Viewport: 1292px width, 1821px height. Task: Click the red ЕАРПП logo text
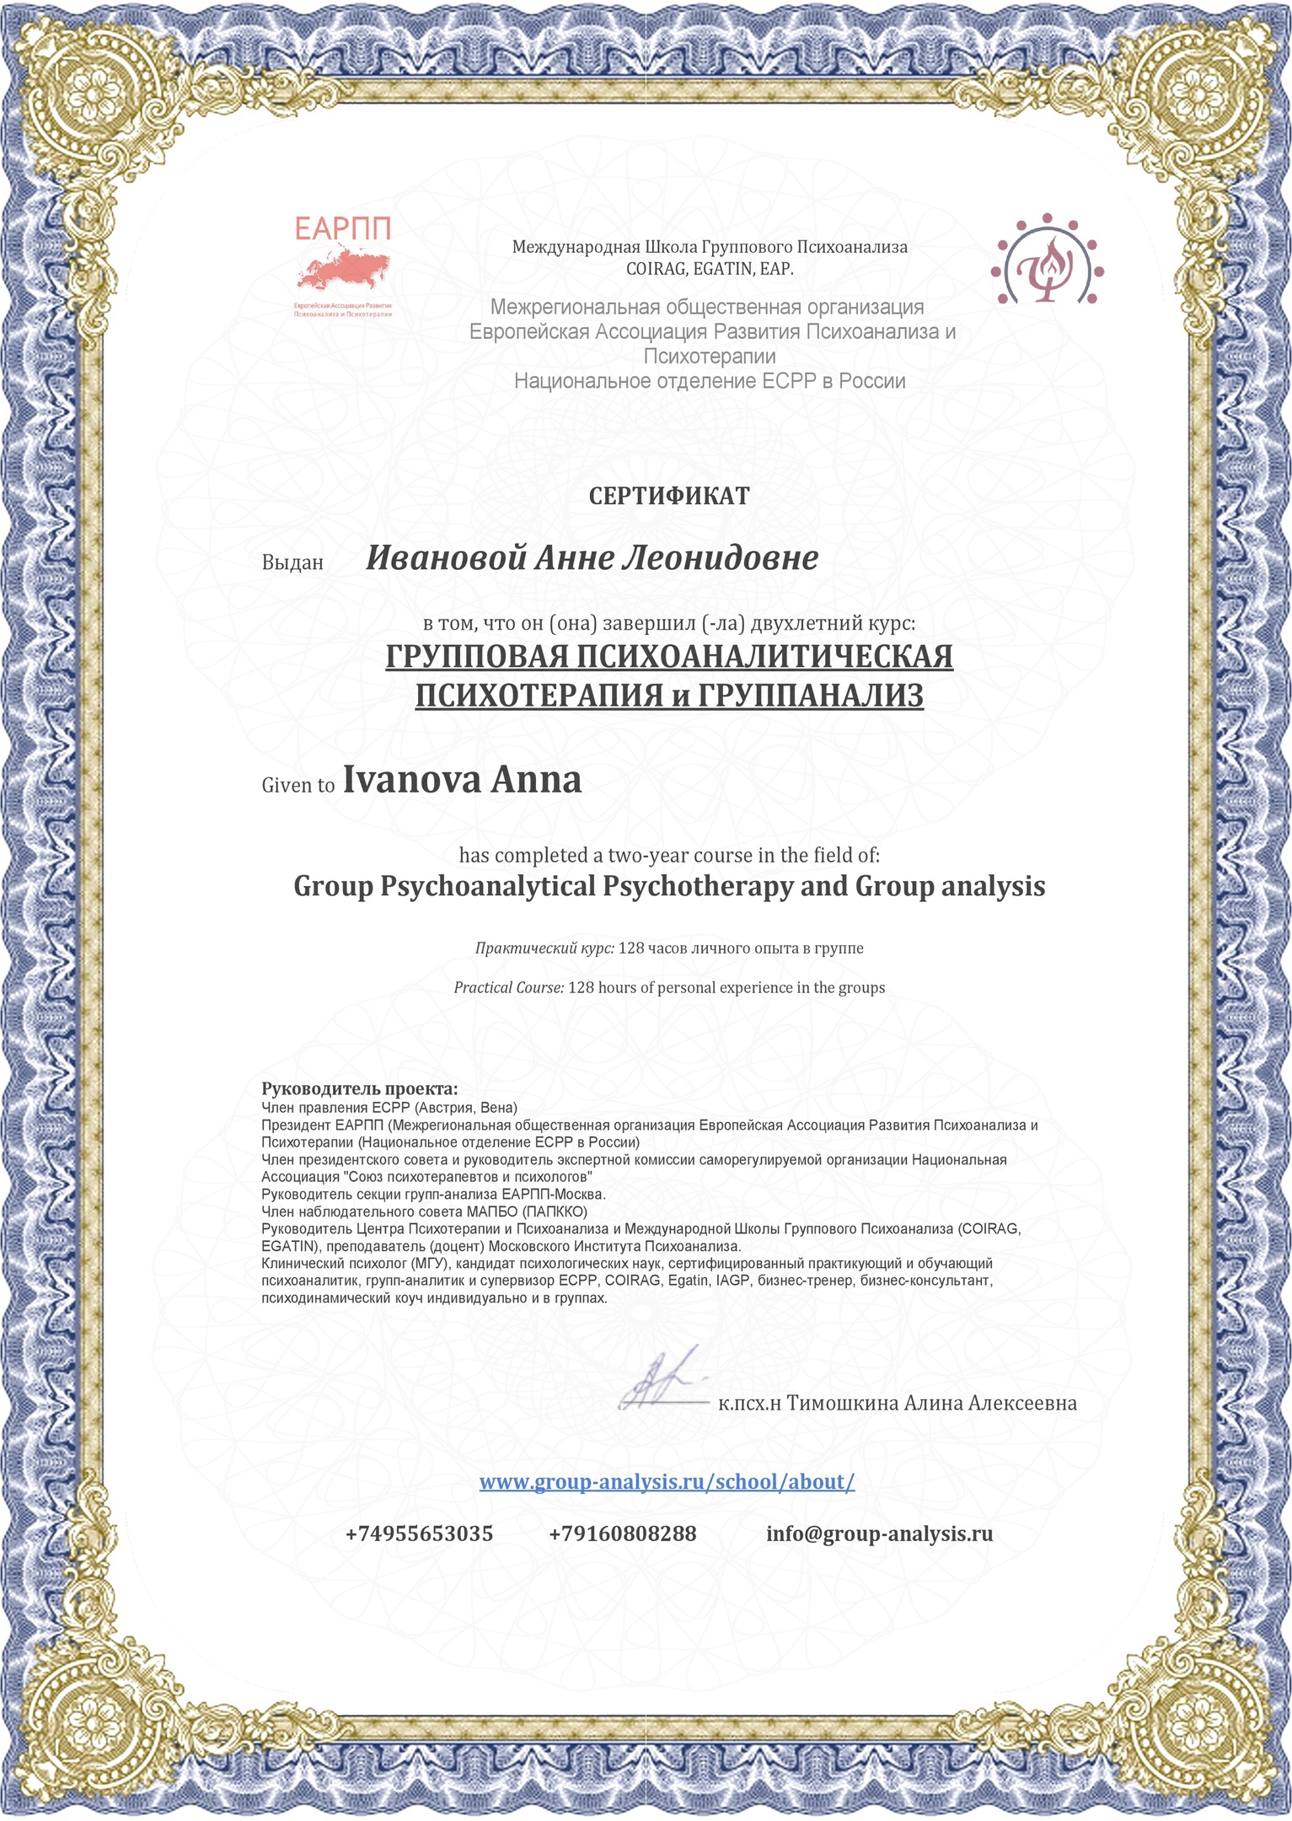[x=343, y=228]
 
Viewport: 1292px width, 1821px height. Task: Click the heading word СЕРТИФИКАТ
[x=669, y=497]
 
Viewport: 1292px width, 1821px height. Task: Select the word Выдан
[x=292, y=562]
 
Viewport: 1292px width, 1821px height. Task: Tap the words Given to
[x=298, y=785]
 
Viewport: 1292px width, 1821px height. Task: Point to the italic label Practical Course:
[x=508, y=987]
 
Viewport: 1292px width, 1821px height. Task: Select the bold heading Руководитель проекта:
[x=360, y=1088]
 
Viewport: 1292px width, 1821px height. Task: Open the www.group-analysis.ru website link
[x=667, y=1481]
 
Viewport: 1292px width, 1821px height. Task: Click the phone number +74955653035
[x=419, y=1534]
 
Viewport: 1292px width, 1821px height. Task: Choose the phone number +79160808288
[x=623, y=1534]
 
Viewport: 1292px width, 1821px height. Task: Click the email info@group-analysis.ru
[x=879, y=1534]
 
